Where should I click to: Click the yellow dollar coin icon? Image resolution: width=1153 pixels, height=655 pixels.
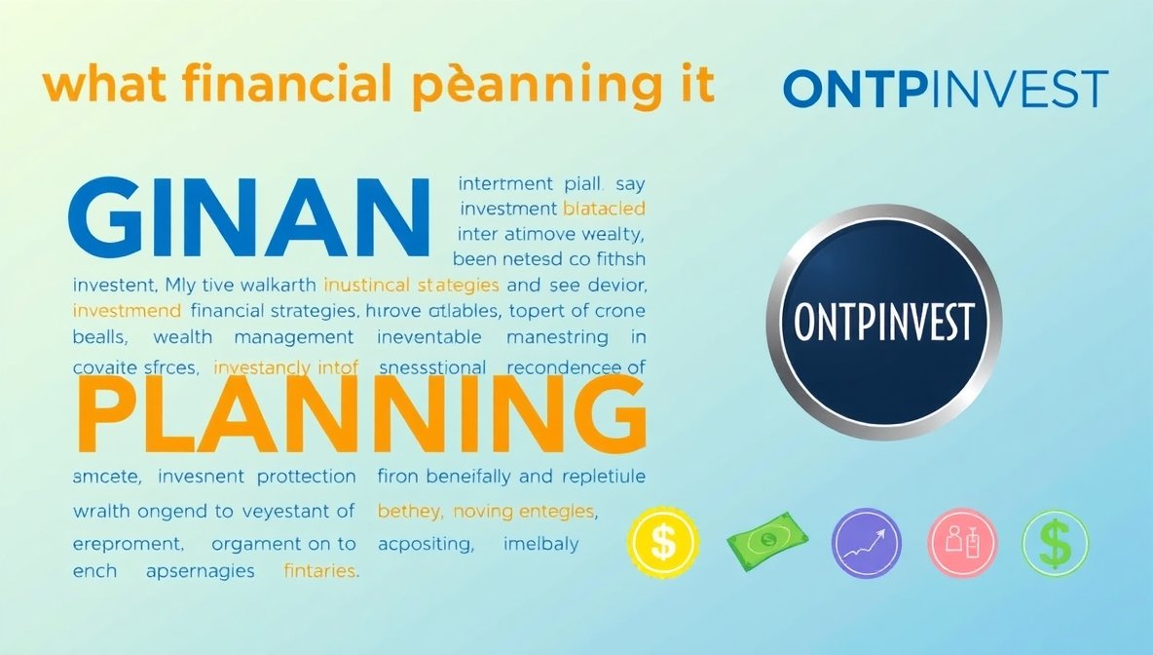663,542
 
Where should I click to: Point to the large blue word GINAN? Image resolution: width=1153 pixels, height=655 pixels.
247,217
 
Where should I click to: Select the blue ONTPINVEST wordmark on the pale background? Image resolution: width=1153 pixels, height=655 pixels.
945,90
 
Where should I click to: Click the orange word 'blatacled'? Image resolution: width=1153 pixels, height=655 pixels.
604,208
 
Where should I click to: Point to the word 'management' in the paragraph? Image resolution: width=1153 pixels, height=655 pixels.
294,337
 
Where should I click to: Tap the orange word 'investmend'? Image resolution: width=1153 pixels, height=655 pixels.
127,311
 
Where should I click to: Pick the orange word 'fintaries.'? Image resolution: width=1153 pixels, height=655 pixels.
320,571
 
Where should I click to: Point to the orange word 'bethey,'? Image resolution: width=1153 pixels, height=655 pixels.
409,511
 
